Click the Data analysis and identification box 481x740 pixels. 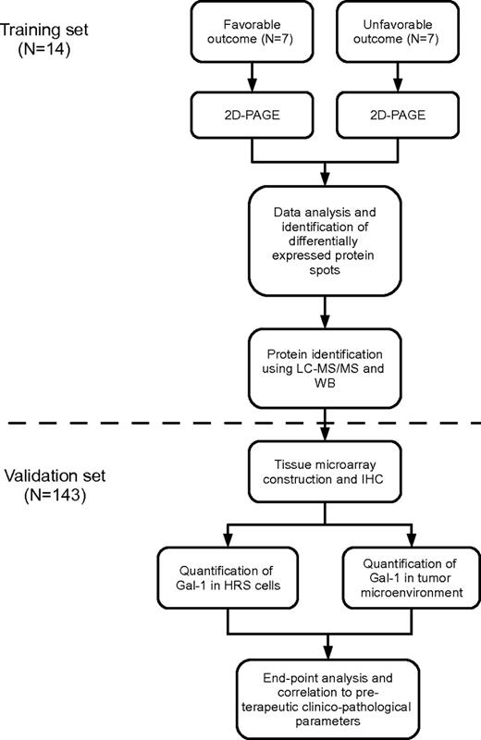pyautogui.click(x=324, y=242)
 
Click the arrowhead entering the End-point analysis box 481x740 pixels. pyautogui.click(x=324, y=652)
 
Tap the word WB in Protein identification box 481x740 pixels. pyautogui.click(x=324, y=384)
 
